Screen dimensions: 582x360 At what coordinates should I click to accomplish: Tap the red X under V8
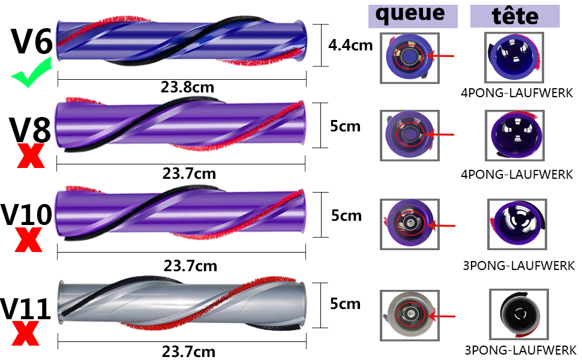coord(31,155)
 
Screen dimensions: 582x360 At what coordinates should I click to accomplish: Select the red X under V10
coord(29,239)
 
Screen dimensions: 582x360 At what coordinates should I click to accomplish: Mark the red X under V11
coord(26,333)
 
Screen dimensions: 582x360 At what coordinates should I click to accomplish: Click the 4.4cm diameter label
coord(350,45)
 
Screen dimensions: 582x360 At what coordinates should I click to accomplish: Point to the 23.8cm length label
coord(187,88)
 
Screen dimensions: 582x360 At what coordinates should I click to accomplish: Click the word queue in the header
coord(410,14)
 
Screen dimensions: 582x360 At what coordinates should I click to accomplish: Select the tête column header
coord(515,16)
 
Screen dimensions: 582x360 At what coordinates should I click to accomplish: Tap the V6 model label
coord(32,41)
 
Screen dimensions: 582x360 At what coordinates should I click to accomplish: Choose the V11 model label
coord(25,309)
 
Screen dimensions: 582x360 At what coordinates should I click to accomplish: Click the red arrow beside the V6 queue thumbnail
coord(440,56)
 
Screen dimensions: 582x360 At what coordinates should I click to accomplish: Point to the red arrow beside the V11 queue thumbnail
coord(442,317)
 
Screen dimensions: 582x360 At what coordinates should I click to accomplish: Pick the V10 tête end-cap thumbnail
coord(517,224)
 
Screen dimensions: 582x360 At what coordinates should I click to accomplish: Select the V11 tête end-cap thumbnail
coord(519,314)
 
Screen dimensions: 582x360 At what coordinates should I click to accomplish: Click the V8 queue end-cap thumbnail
coord(410,136)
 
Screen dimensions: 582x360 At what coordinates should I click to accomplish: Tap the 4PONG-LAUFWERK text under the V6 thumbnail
coord(517,93)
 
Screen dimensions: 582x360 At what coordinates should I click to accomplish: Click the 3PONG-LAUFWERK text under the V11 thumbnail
coord(520,350)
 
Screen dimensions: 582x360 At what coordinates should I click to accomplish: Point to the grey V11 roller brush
coord(182,303)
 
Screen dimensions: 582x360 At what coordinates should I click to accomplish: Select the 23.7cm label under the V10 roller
coord(190,266)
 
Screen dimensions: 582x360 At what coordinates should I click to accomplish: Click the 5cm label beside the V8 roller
coord(345,127)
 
